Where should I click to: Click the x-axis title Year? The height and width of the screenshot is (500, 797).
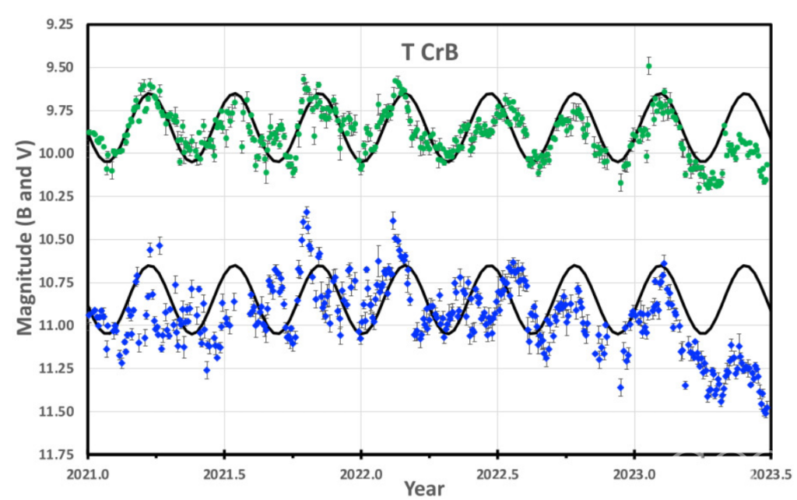click(424, 488)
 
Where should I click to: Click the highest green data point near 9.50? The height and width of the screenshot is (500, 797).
click(649, 66)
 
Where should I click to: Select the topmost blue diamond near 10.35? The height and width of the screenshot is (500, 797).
click(307, 211)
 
